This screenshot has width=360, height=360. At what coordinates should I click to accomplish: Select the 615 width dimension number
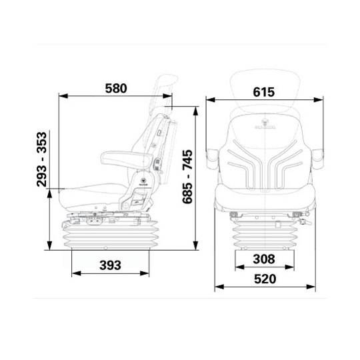coord(264,93)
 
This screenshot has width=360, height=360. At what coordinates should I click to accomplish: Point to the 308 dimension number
coord(265,258)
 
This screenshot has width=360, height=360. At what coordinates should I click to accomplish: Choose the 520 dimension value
coord(265,280)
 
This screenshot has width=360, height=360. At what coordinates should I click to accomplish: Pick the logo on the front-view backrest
coord(265,124)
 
